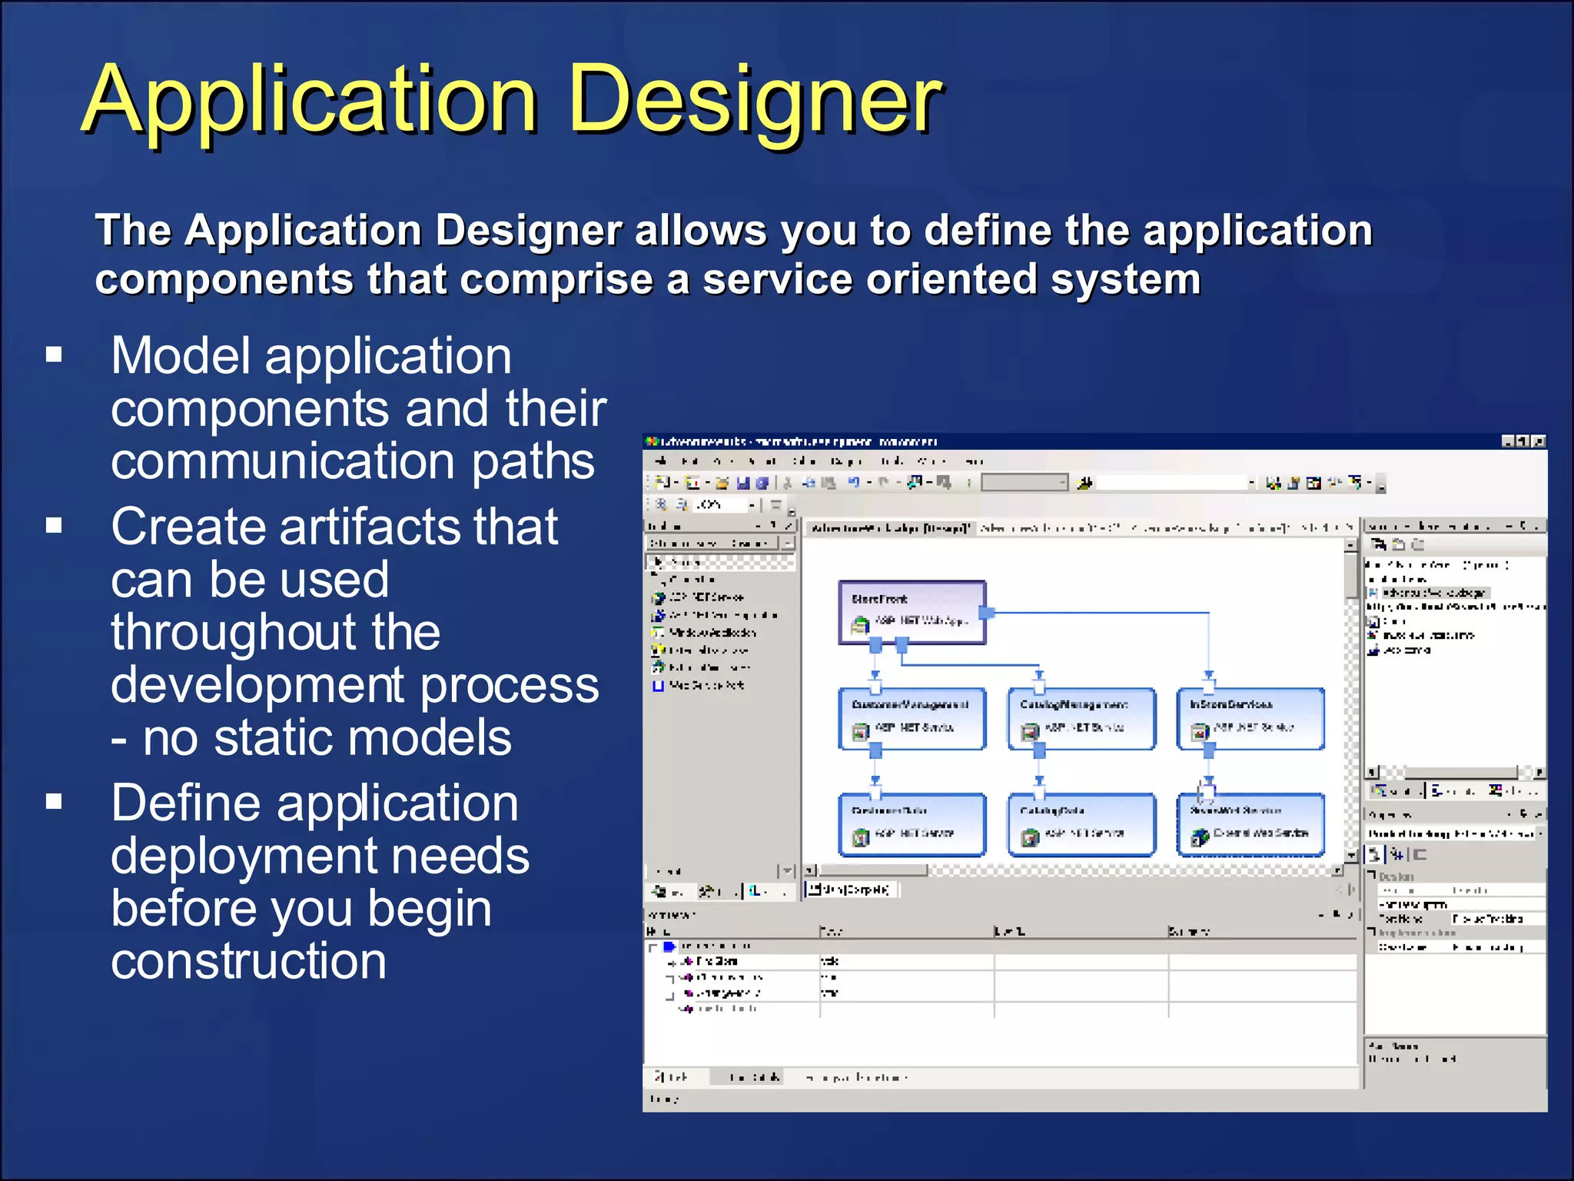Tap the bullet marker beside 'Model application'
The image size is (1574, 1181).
(x=54, y=354)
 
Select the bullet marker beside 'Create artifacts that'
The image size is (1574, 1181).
(x=54, y=525)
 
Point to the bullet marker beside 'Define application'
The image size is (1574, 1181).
(x=54, y=802)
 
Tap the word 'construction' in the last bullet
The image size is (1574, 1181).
(x=248, y=961)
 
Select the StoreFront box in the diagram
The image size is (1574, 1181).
(x=912, y=611)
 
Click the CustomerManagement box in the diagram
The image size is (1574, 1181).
(x=912, y=717)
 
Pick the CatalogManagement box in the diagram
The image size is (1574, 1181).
(x=1081, y=717)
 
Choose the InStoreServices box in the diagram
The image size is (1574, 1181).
(x=1250, y=717)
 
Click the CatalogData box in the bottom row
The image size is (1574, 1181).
(x=1081, y=824)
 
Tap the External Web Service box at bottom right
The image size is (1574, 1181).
(x=1250, y=824)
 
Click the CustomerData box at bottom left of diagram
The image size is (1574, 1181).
(x=912, y=824)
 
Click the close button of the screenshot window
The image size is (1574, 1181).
(x=1538, y=441)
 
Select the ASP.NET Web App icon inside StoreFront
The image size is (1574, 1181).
(x=860, y=625)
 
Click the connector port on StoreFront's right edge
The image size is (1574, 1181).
(x=988, y=613)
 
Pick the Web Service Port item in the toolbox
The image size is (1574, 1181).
(x=706, y=685)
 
